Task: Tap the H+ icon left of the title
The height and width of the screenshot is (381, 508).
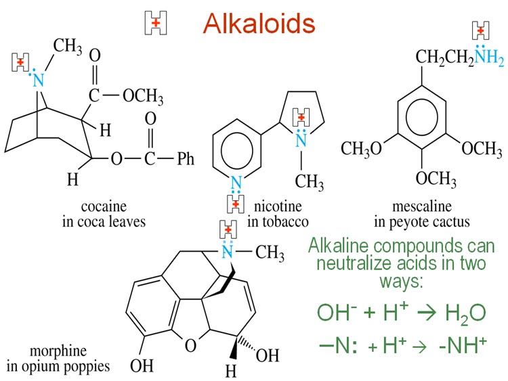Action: click(156, 23)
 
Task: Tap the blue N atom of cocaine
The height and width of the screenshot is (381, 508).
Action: click(38, 81)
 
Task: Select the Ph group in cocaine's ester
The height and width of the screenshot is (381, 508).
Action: click(185, 160)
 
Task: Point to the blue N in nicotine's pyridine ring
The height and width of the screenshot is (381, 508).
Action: click(235, 181)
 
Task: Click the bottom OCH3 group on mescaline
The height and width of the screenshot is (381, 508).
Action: click(435, 178)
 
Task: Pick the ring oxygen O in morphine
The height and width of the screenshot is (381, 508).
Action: click(190, 346)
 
